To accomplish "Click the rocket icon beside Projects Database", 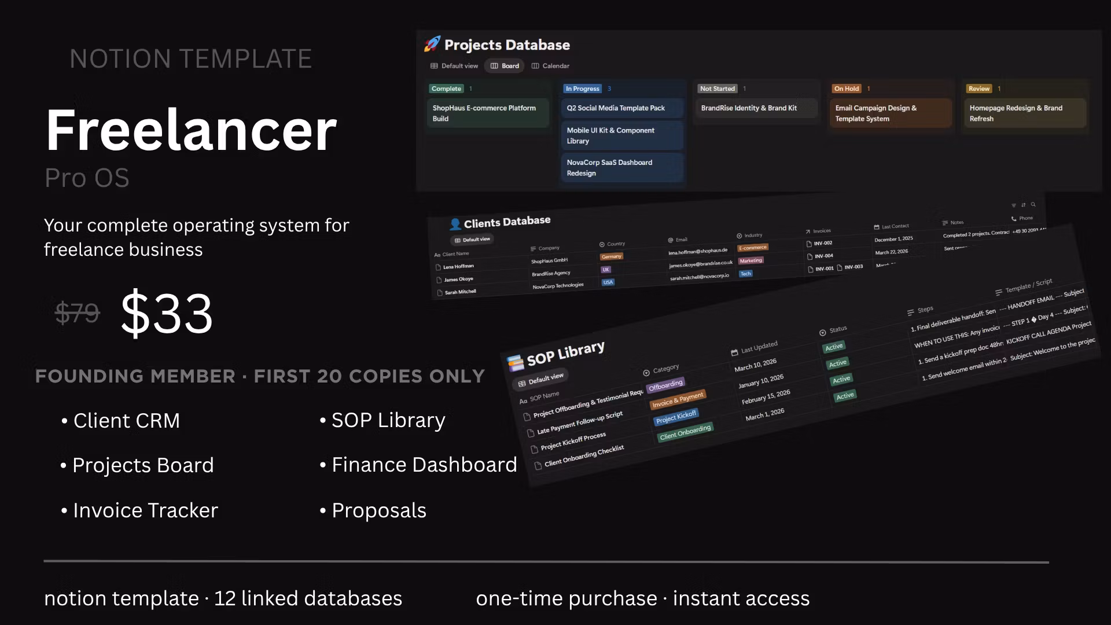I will pyautogui.click(x=432, y=44).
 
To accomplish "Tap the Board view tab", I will pyautogui.click(x=505, y=66).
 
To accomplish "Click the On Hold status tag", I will pyautogui.click(x=846, y=89).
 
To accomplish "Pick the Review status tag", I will pyautogui.click(x=979, y=89).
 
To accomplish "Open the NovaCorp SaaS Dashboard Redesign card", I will pyautogui.click(x=622, y=168).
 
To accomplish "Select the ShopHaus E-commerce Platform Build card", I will pyautogui.click(x=487, y=113).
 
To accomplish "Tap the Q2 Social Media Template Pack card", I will pyautogui.click(x=622, y=108).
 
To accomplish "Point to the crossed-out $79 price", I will pyautogui.click(x=78, y=313).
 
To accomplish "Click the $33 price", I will pyautogui.click(x=167, y=313).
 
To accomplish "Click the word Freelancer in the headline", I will pyautogui.click(x=191, y=130).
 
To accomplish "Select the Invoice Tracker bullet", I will pyautogui.click(x=145, y=510).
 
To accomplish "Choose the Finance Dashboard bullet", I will pyautogui.click(x=424, y=465).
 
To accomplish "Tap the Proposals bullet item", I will pyautogui.click(x=379, y=510).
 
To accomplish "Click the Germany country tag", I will pyautogui.click(x=611, y=256).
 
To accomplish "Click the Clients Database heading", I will pyautogui.click(x=507, y=222).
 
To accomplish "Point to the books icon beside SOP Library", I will pyautogui.click(x=515, y=363).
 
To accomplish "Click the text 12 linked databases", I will pyautogui.click(x=308, y=598).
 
